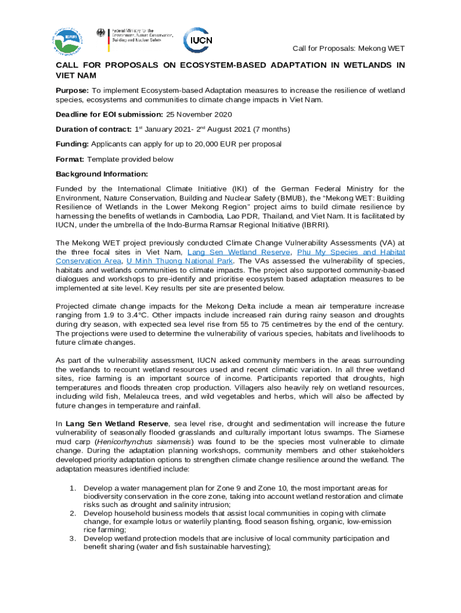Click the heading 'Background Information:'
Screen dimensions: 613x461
point(93,174)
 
